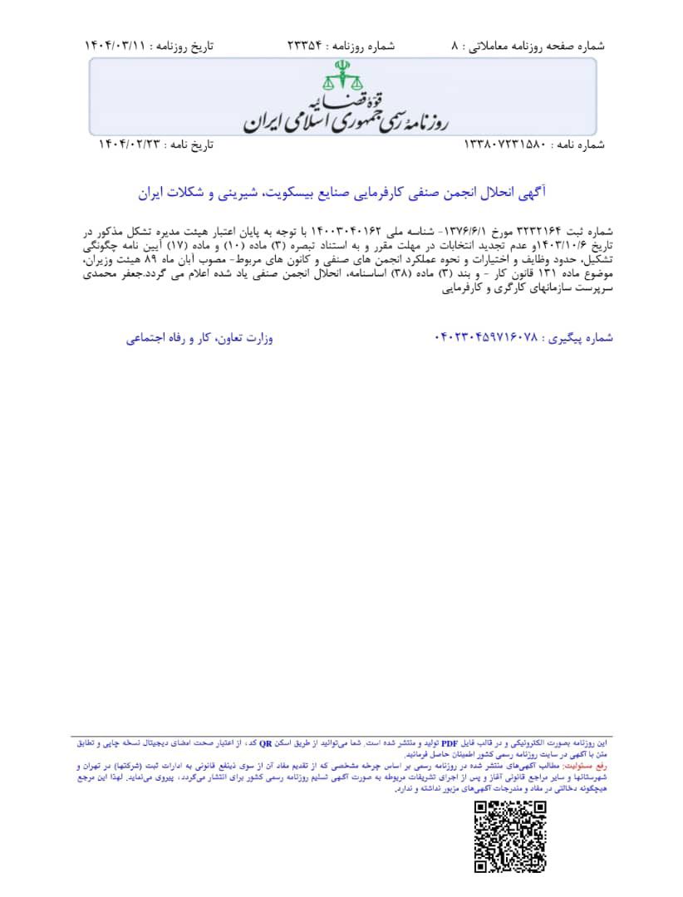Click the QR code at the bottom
(x=509, y=836)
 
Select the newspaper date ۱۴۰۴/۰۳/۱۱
(x=117, y=47)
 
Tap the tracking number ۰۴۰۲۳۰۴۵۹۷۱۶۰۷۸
(x=486, y=338)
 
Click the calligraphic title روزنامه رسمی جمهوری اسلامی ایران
(x=345, y=116)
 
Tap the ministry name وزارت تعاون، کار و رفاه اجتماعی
(x=200, y=338)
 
